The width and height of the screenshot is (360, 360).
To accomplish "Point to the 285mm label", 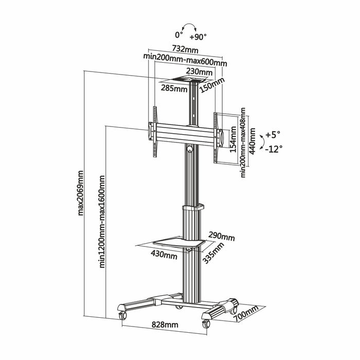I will pos(174,88).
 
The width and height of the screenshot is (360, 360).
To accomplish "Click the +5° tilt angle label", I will pos(272,135).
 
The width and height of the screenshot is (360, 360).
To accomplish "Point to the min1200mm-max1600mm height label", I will pos(102,221).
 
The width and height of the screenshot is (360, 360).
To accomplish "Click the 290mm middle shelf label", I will pos(222,237).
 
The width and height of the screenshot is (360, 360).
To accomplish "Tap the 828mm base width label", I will pos(165,325).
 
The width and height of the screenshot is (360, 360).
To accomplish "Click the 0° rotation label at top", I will pos(179,35).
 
